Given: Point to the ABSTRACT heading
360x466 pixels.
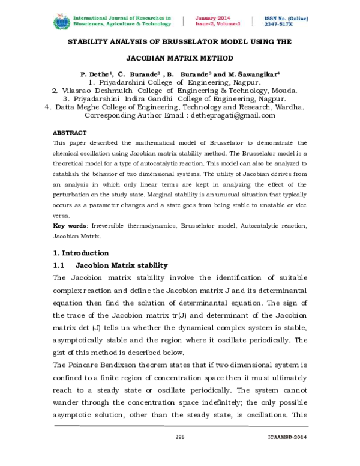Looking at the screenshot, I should [70, 132].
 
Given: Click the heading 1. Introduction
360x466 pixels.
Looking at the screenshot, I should [81, 253].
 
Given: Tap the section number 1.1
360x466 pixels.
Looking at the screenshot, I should [59, 265].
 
